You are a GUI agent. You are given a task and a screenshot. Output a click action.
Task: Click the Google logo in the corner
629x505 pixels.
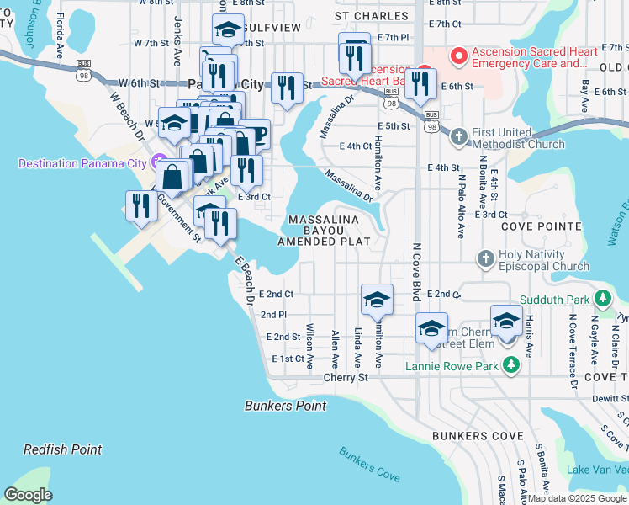point(28,495)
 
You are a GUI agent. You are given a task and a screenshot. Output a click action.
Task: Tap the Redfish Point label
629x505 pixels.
point(62,450)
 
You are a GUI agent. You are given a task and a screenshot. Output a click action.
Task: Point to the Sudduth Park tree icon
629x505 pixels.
point(602,298)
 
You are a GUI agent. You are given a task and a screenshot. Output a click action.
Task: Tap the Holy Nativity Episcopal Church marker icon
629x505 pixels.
point(485,260)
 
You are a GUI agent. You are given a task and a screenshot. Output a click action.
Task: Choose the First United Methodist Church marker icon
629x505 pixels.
point(459,136)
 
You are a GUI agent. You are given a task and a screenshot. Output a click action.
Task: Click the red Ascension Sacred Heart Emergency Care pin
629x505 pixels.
point(459,56)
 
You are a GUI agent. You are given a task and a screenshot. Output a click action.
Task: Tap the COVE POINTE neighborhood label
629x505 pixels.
point(541,226)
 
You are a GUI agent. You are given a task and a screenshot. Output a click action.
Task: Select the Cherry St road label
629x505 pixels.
point(346,378)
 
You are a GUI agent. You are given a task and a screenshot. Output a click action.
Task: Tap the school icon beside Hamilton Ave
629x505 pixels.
point(377,299)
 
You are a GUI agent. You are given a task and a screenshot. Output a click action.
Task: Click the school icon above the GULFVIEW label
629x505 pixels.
point(227,29)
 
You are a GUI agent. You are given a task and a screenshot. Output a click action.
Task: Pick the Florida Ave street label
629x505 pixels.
point(60,27)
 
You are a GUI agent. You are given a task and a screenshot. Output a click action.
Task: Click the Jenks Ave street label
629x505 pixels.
point(177,40)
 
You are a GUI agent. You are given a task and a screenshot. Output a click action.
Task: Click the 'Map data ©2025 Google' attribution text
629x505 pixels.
point(577,498)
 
